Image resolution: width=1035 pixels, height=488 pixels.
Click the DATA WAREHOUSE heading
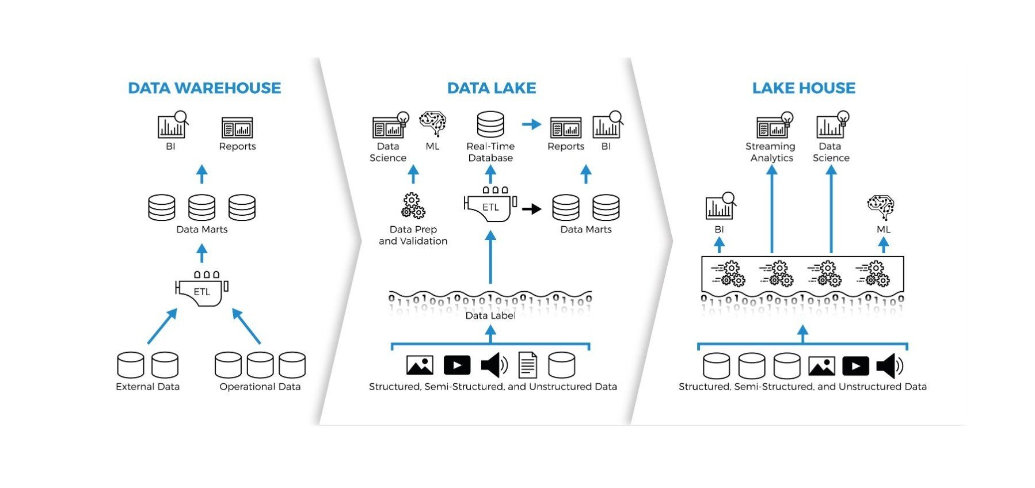click(204, 88)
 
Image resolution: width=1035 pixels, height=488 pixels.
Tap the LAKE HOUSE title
click(804, 88)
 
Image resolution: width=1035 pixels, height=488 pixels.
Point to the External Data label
click(147, 387)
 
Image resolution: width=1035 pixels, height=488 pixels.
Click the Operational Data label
click(260, 387)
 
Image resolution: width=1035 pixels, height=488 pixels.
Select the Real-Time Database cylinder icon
click(490, 124)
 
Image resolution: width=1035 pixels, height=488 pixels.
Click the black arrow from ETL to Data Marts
click(532, 208)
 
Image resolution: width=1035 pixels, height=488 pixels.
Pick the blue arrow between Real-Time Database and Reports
click(531, 124)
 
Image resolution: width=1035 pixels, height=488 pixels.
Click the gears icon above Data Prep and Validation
click(413, 206)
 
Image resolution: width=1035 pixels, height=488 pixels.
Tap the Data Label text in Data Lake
click(490, 315)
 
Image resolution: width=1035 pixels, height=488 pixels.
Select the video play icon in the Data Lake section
click(457, 365)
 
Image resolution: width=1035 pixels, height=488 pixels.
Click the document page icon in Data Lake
click(527, 365)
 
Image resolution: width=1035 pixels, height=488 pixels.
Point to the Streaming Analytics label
click(771, 152)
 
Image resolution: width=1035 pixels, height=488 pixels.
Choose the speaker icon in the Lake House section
click(889, 365)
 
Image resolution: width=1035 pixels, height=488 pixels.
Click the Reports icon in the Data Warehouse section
click(237, 127)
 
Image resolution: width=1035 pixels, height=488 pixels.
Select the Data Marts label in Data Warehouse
click(201, 229)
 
